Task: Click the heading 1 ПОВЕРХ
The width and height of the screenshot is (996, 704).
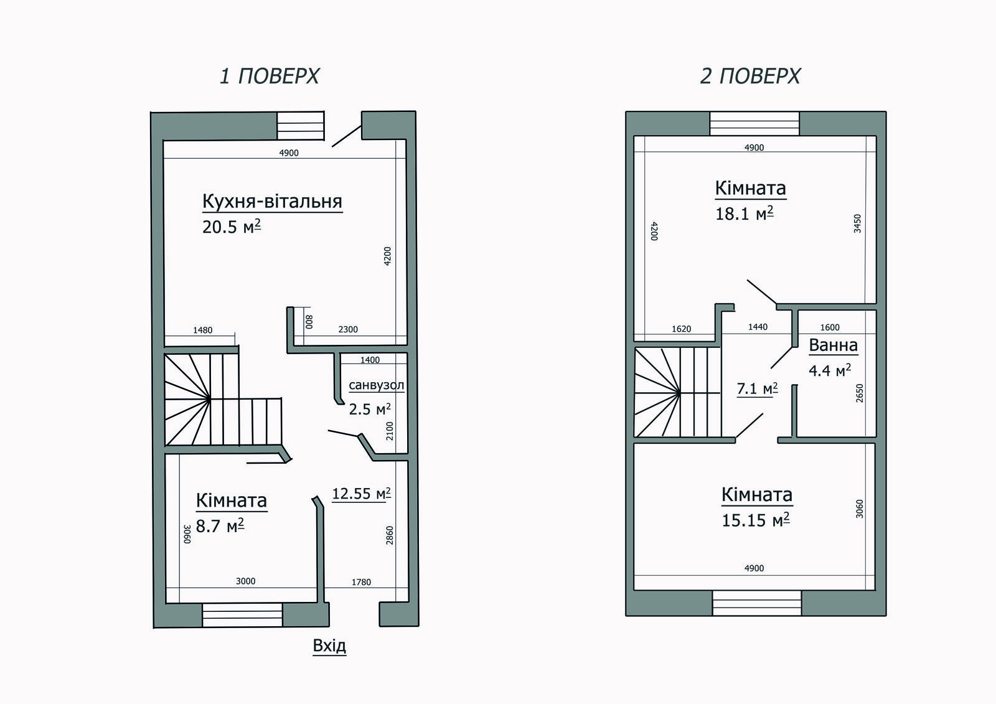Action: pos(269,76)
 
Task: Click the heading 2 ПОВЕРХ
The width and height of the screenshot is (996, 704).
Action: pos(750,76)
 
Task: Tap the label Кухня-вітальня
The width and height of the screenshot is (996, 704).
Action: pos(272,202)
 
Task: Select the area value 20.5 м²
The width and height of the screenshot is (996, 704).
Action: pos(231,227)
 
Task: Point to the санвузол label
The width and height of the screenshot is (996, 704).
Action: pos(376,385)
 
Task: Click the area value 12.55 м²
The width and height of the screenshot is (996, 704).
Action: pos(361,494)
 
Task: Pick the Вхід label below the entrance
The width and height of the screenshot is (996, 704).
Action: pos(329,645)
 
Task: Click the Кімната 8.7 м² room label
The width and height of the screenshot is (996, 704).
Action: pos(231,500)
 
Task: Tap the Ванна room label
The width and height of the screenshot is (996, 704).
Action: pos(833,345)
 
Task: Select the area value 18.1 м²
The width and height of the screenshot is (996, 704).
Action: pos(744,214)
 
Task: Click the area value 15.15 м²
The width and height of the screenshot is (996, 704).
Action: pos(755,520)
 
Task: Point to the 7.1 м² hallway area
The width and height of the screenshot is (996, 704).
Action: pos(757,389)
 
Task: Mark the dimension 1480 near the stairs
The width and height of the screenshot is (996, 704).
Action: pos(202,331)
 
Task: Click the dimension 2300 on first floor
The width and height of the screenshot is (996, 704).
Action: pos(348,329)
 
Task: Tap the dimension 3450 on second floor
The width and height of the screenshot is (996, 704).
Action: pos(857,223)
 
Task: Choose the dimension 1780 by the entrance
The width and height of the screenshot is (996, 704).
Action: pos(361,583)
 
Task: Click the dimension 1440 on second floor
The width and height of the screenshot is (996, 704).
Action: pos(758,327)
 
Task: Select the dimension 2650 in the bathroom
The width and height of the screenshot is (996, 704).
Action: pos(860,393)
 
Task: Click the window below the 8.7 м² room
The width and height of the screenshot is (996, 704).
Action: pos(243,615)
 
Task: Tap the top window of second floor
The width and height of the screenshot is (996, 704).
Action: pos(754,123)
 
